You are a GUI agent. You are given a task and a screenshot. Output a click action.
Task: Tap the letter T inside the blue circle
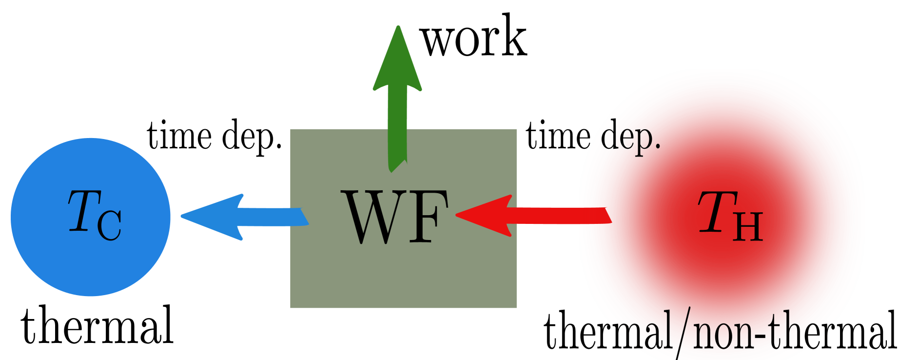(x=84, y=211)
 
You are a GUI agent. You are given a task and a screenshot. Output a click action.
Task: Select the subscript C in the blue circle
(x=110, y=225)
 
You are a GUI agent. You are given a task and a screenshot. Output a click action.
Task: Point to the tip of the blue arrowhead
(x=182, y=216)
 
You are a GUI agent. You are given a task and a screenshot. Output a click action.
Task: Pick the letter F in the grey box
(x=429, y=217)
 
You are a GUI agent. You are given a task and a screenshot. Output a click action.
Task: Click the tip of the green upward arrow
(x=398, y=27)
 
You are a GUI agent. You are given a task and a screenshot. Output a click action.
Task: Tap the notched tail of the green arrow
(x=397, y=166)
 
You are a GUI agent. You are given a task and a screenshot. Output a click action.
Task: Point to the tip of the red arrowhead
(x=457, y=215)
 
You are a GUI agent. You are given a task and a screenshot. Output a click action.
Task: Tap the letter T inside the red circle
(x=717, y=211)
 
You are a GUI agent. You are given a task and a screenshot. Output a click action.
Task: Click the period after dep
(x=658, y=147)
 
